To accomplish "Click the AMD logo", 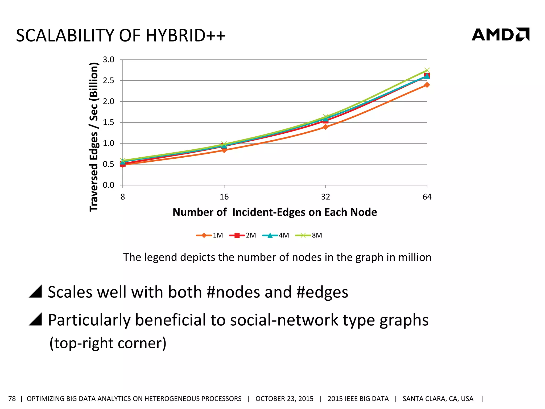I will point(500,35).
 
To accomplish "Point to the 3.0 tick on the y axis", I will point(109,60).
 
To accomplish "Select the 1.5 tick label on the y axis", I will point(109,122).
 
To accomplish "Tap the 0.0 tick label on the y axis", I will point(109,185).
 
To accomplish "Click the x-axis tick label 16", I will point(224,197).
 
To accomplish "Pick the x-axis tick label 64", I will point(427,197).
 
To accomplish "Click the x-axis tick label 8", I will point(122,197).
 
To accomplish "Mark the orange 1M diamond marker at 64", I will point(427,85).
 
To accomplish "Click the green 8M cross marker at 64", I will point(427,70).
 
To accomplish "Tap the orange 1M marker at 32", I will point(325,127).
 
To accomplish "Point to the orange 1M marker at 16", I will point(224,150).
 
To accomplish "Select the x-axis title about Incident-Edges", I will point(275,212).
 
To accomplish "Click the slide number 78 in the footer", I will point(12,399).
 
